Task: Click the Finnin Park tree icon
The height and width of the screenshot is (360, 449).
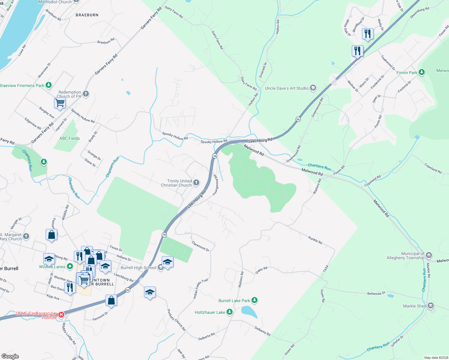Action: pos(422,72)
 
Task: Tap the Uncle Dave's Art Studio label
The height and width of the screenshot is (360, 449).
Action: pos(287,88)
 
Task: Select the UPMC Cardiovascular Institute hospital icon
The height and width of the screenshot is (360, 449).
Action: pos(61,315)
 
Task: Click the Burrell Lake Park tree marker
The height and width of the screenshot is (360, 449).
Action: pos(255,300)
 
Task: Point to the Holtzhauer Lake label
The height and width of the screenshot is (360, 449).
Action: pos(210,312)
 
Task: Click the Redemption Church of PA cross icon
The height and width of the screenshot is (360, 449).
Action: pos(86,94)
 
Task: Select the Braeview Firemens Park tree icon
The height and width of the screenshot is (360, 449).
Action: pos(48,85)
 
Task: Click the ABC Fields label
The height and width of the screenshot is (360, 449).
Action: pos(70,138)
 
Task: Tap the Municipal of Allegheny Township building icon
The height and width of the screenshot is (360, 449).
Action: pos(429,255)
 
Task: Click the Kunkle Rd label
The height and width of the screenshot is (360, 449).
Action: pos(315,240)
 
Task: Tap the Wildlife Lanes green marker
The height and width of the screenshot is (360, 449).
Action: pos(70,266)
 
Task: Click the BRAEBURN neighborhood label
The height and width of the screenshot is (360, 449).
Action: pos(87,15)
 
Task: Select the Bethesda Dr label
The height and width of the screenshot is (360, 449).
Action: pos(376,293)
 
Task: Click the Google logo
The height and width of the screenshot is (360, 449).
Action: pos(10,356)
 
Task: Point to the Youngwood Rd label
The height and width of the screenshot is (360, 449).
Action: pos(215,185)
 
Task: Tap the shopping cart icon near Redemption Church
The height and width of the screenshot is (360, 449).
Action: pos(60,103)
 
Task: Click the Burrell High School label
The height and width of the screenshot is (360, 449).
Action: pos(138,268)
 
